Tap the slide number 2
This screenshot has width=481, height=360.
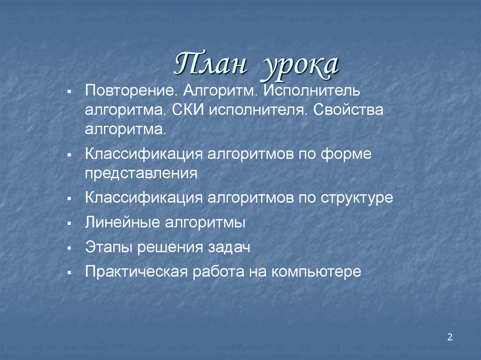point(450,337)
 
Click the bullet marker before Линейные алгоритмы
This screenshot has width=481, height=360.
point(69,222)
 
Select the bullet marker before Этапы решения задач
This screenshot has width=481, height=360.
point(69,247)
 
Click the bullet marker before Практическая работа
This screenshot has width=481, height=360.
point(69,272)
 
